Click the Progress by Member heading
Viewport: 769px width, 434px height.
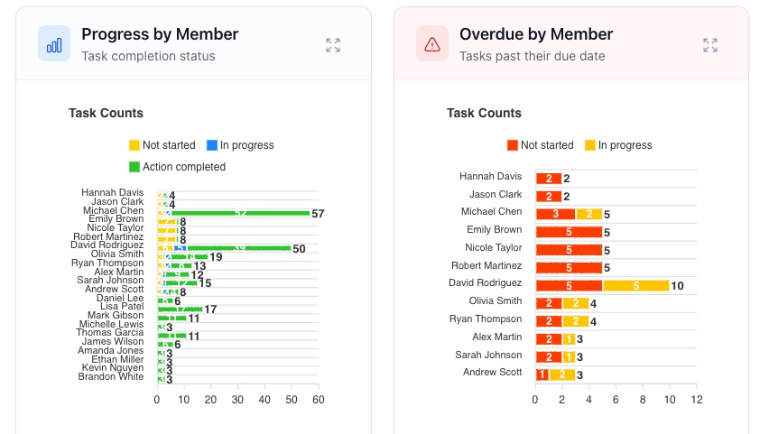coord(160,34)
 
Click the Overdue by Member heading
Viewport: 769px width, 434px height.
coord(536,34)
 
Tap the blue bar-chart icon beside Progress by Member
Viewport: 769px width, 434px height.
coord(54,43)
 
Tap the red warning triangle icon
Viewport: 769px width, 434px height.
coord(432,43)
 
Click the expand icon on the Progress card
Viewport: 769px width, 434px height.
coord(333,45)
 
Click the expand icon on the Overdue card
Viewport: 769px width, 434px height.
coord(710,45)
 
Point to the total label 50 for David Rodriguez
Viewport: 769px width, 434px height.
coord(299,249)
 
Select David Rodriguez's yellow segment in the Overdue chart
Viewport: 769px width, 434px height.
coord(635,285)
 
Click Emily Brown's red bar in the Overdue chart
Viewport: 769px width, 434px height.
coord(568,232)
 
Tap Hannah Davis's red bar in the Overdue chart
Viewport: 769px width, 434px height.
coord(548,179)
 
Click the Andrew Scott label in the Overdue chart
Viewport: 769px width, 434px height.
coord(492,372)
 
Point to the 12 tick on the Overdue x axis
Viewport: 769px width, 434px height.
coord(696,399)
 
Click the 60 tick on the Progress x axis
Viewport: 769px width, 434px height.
coord(318,399)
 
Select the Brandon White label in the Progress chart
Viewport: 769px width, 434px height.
coord(111,376)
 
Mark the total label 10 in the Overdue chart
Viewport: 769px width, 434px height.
coord(678,286)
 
